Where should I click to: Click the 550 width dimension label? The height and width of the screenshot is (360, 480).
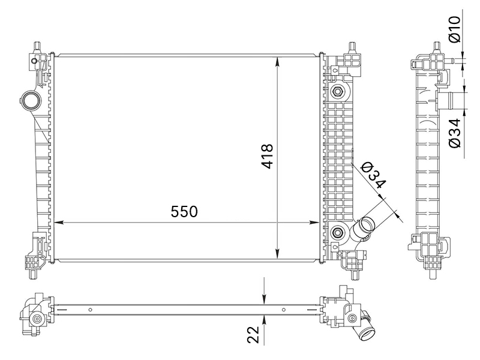184,212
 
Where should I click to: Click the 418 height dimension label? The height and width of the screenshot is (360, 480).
267,156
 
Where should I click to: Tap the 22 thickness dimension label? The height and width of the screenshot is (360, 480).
253,334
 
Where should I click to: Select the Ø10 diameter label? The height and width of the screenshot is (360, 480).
454,29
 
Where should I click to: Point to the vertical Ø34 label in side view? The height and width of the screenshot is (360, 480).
455,133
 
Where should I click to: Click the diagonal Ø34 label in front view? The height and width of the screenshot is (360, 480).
373,175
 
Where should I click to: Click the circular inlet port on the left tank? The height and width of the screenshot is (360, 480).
31,100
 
